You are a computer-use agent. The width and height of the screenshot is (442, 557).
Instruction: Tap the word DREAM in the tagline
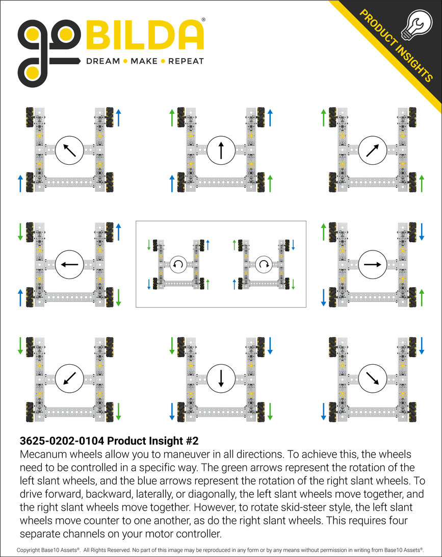(102, 61)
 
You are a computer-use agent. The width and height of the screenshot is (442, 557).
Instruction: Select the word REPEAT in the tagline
(186, 61)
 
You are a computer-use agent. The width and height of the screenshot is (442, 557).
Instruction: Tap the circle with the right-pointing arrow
(372, 264)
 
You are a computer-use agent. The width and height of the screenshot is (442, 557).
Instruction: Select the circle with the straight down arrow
(221, 378)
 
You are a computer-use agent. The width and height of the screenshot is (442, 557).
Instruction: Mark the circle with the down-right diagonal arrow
(372, 378)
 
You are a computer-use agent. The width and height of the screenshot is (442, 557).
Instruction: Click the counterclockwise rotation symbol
(178, 264)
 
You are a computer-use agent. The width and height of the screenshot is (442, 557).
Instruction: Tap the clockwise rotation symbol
(264, 264)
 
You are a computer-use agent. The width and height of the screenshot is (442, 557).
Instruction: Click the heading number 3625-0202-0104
(62, 440)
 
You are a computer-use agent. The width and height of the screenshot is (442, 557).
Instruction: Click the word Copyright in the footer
(31, 550)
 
